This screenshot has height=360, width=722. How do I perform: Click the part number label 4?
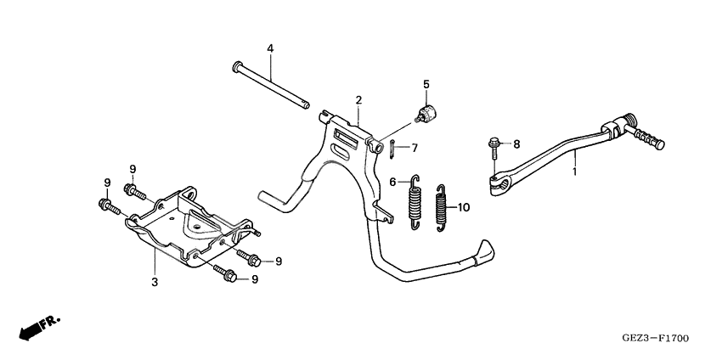tap(270, 48)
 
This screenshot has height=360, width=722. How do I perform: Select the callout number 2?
tap(359, 100)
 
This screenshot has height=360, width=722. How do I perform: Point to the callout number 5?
tap(426, 84)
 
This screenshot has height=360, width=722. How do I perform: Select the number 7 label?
tap(415, 148)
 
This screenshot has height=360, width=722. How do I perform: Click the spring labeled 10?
tap(442, 207)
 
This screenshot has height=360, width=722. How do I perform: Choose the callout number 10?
tap(463, 206)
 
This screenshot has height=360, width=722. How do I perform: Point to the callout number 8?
tap(516, 143)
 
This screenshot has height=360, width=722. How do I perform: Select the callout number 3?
tap(155, 280)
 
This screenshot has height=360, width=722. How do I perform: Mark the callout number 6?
tap(392, 182)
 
